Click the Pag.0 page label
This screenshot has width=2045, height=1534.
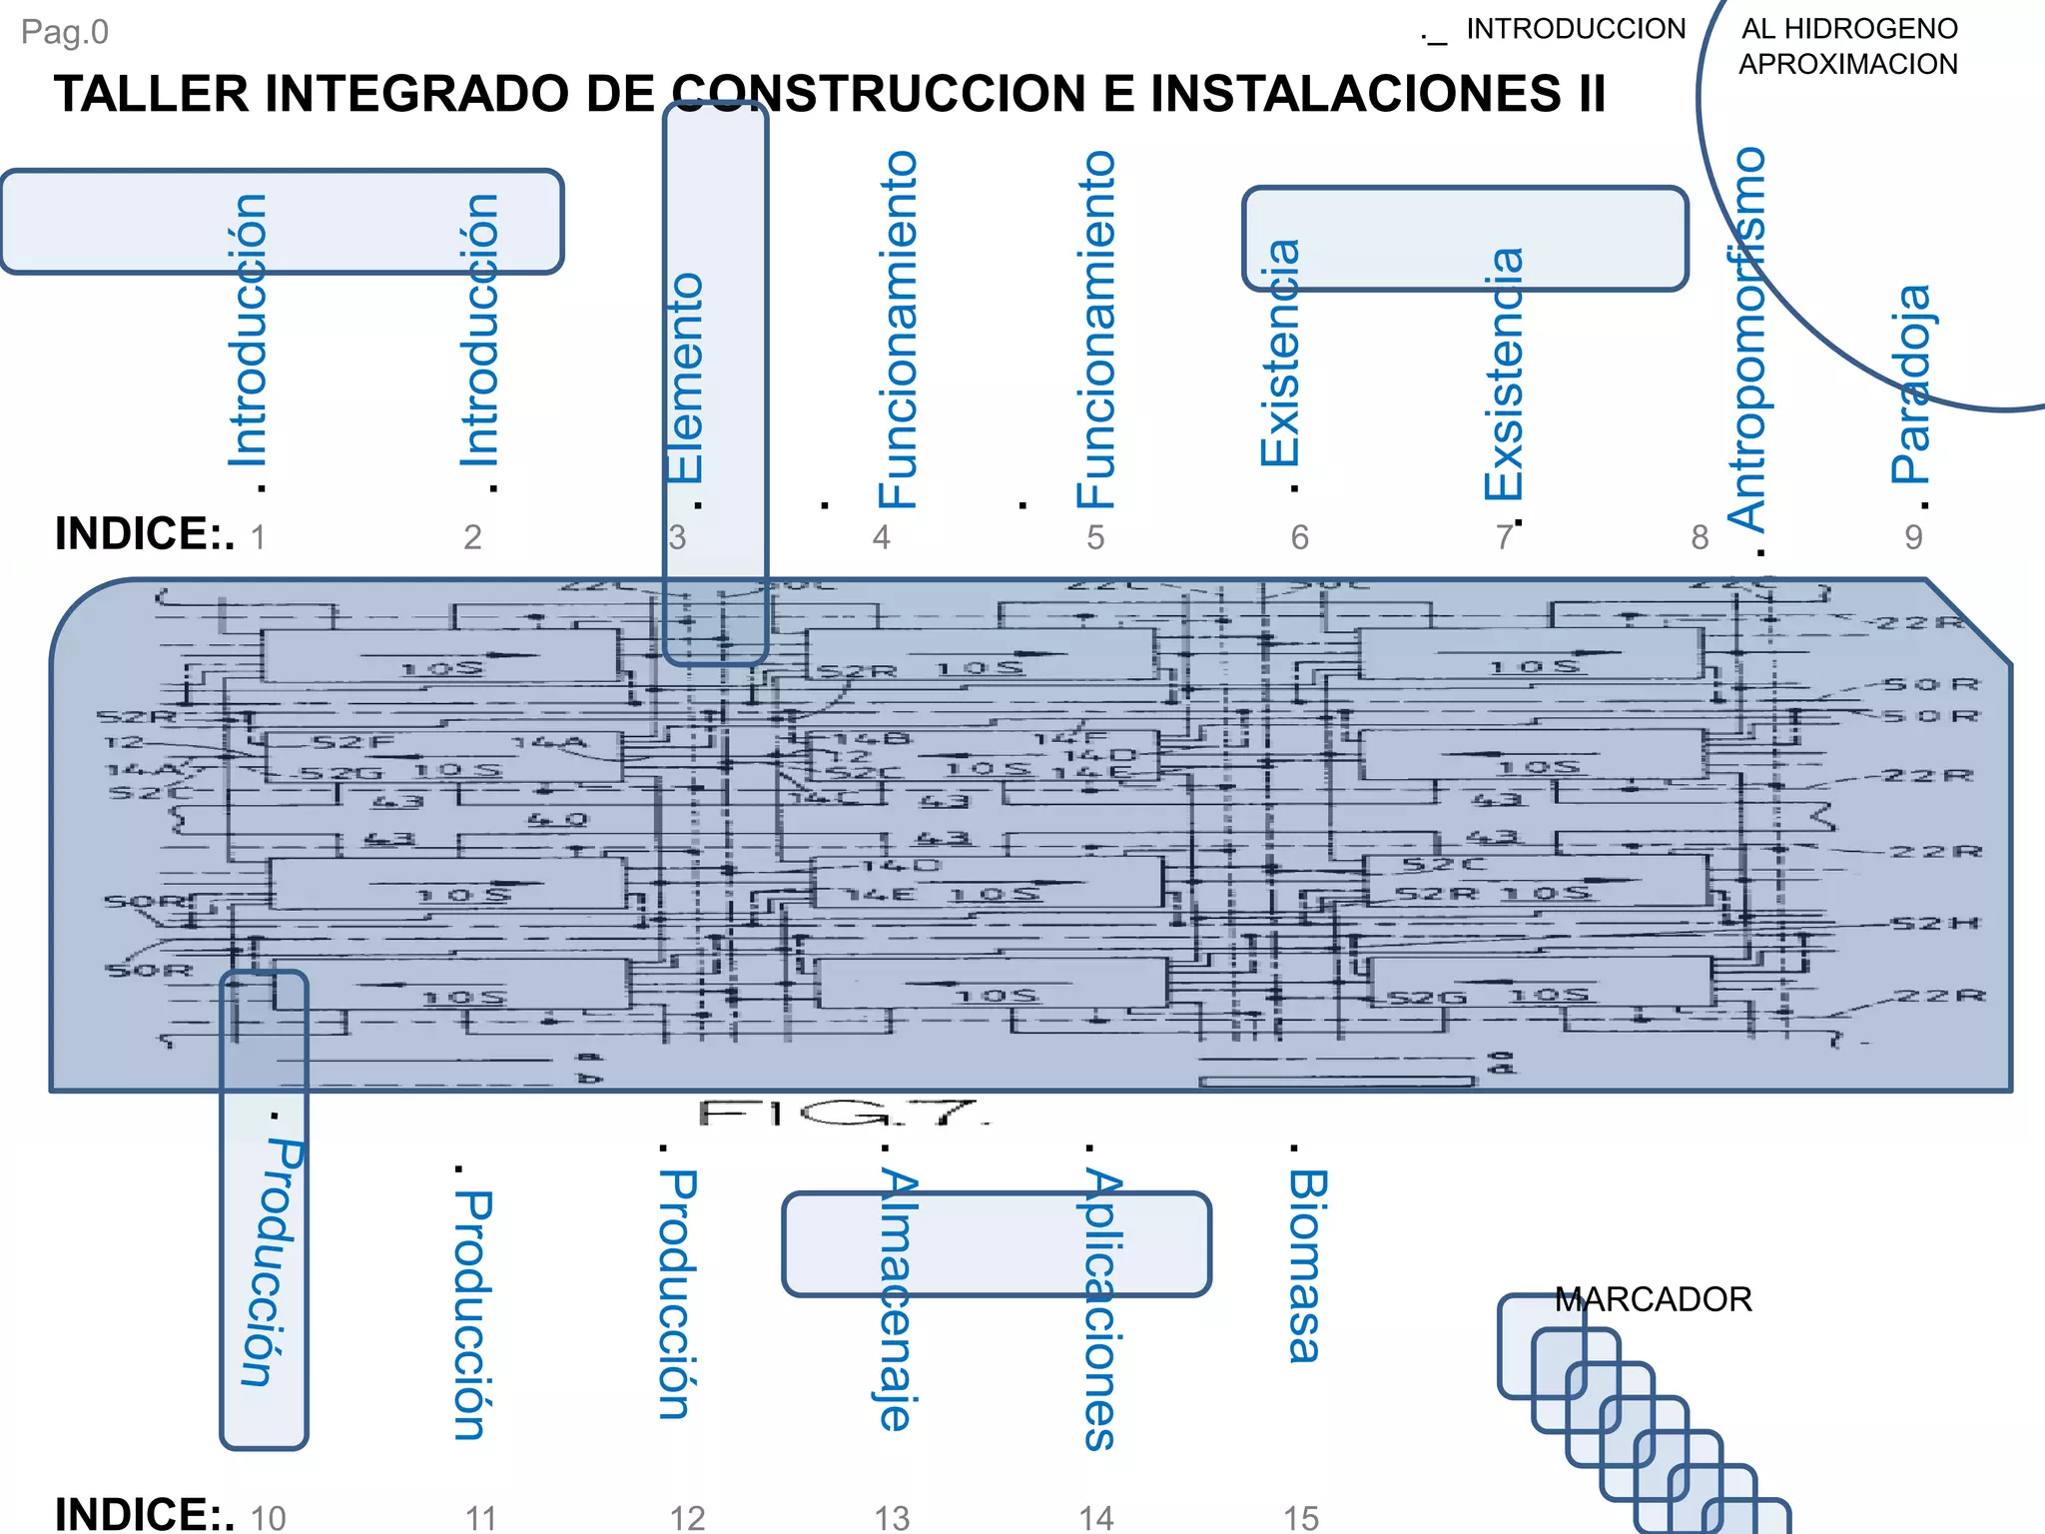point(65,32)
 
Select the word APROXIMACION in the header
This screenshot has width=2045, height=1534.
point(1847,64)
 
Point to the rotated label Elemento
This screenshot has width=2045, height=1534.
point(686,378)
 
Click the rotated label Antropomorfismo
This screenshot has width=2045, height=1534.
point(1746,340)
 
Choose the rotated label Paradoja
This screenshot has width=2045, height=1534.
point(1911,384)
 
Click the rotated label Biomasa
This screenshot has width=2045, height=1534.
point(1306,1266)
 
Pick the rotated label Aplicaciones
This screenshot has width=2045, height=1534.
point(1101,1308)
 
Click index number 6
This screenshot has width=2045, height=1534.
point(1299,538)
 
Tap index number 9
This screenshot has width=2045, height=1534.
point(1913,538)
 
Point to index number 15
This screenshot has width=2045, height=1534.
point(1301,1518)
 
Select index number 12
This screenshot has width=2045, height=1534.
point(687,1518)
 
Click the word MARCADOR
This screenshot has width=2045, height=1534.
point(1653,1299)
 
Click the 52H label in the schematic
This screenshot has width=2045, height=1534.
point(1935,923)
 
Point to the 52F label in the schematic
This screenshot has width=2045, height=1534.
point(352,742)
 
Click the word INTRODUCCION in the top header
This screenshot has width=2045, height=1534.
point(1575,29)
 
